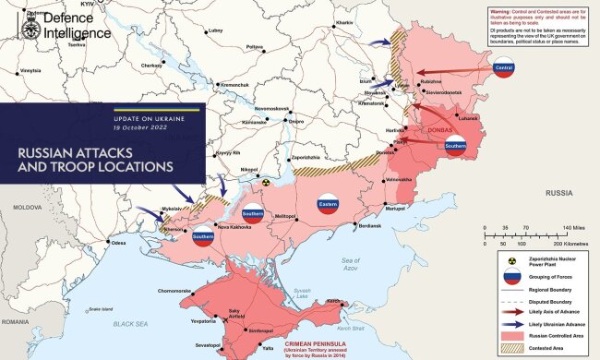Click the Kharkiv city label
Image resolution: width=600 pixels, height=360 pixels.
click(x=344, y=21)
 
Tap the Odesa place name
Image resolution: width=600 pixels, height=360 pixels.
click(x=117, y=243)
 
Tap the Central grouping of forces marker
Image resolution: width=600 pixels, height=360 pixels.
click(x=504, y=68)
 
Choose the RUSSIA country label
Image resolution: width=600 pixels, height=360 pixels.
click(x=558, y=193)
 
